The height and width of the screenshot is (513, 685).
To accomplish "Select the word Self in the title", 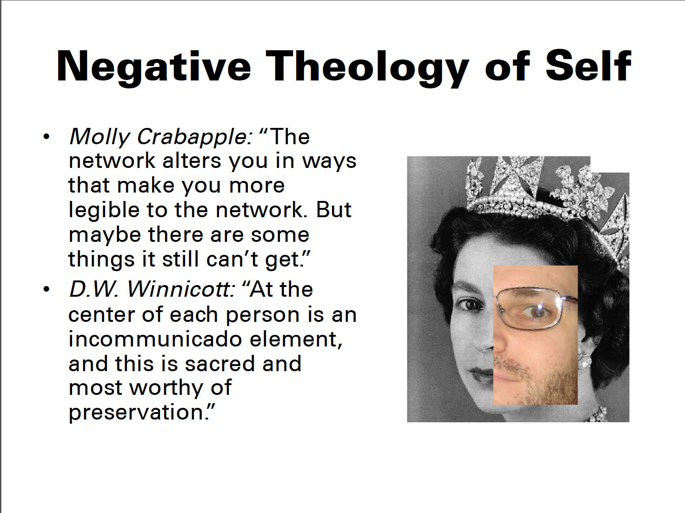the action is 588,66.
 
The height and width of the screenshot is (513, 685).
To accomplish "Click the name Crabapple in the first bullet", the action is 194,137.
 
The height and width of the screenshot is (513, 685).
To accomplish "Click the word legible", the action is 104,210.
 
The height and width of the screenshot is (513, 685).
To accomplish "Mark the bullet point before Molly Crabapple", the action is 47,137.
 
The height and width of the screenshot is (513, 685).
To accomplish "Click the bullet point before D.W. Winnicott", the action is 47,289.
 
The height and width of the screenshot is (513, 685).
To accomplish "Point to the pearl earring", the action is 584,361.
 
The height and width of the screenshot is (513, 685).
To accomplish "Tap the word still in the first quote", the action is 180,259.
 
